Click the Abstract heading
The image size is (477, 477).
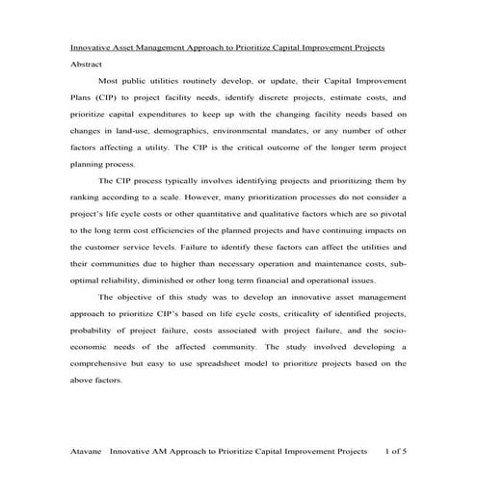(86, 64)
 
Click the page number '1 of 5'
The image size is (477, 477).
(395, 449)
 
